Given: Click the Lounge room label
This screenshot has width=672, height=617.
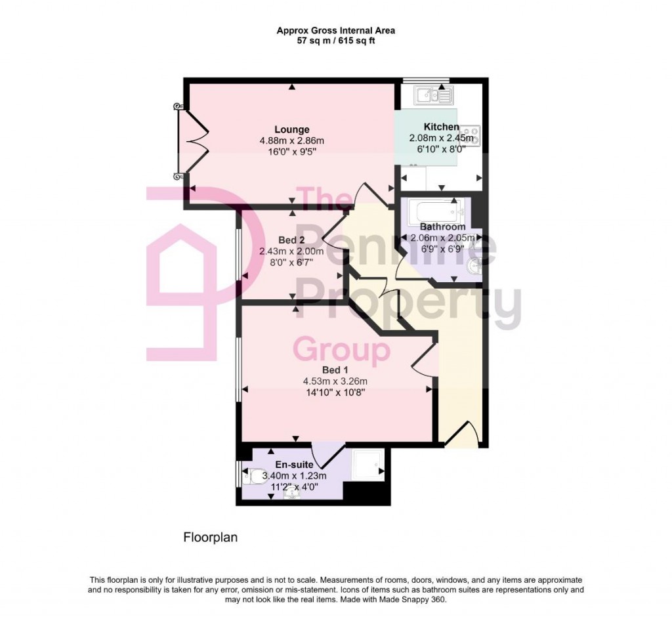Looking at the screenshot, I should point(292,129).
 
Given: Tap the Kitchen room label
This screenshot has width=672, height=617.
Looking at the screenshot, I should point(441,127).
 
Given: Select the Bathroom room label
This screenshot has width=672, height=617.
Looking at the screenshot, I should point(443,226).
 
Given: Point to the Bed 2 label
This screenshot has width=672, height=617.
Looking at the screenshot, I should point(291,240).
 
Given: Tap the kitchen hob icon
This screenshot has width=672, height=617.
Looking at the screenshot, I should point(471,135).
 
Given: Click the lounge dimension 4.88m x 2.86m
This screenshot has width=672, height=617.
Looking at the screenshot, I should point(292,140).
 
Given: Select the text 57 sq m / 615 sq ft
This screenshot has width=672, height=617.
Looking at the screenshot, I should point(335,41).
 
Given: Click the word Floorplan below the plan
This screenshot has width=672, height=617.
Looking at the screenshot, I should point(209,538).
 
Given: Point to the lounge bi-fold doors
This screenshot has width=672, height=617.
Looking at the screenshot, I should point(192,141).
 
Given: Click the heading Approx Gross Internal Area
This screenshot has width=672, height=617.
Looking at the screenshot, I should point(335,30).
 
